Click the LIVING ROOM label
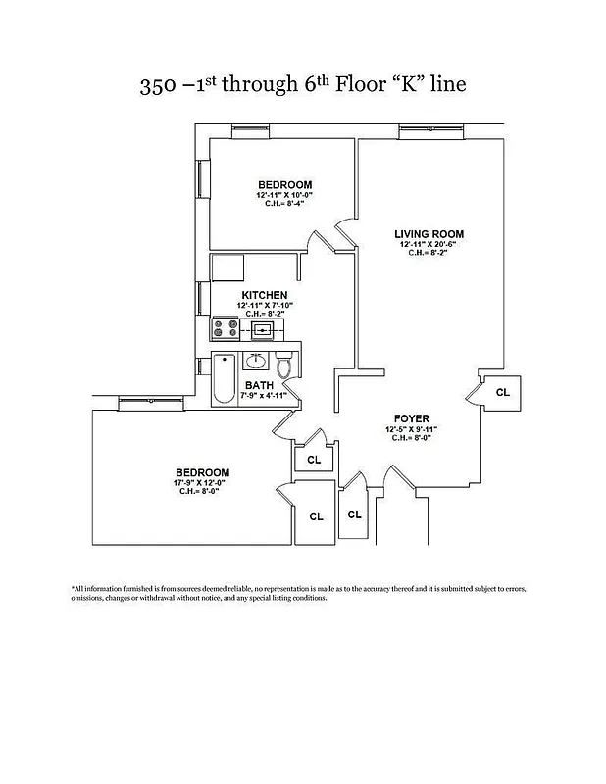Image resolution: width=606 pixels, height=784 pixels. [429, 234]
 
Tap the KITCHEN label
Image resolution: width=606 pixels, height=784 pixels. [265, 295]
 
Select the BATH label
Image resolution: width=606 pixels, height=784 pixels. [259, 385]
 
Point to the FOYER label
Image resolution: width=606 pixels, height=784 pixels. [412, 418]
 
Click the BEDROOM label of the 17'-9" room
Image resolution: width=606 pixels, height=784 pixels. [203, 472]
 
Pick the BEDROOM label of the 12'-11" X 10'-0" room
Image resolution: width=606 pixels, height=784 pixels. [284, 185]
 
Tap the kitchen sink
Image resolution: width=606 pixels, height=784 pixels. [263, 329]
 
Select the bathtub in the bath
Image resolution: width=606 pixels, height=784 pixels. [223, 379]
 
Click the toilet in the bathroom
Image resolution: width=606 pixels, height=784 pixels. [285, 367]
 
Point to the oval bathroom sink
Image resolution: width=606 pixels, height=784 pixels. [258, 360]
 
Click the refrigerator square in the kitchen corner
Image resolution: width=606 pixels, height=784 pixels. [227, 268]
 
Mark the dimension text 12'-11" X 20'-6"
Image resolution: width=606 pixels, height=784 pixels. [429, 244]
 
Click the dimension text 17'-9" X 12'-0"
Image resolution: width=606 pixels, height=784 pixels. [203, 482]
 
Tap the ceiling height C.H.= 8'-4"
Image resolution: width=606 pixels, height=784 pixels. [284, 204]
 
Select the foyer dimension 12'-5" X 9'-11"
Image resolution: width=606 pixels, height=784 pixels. [412, 429]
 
